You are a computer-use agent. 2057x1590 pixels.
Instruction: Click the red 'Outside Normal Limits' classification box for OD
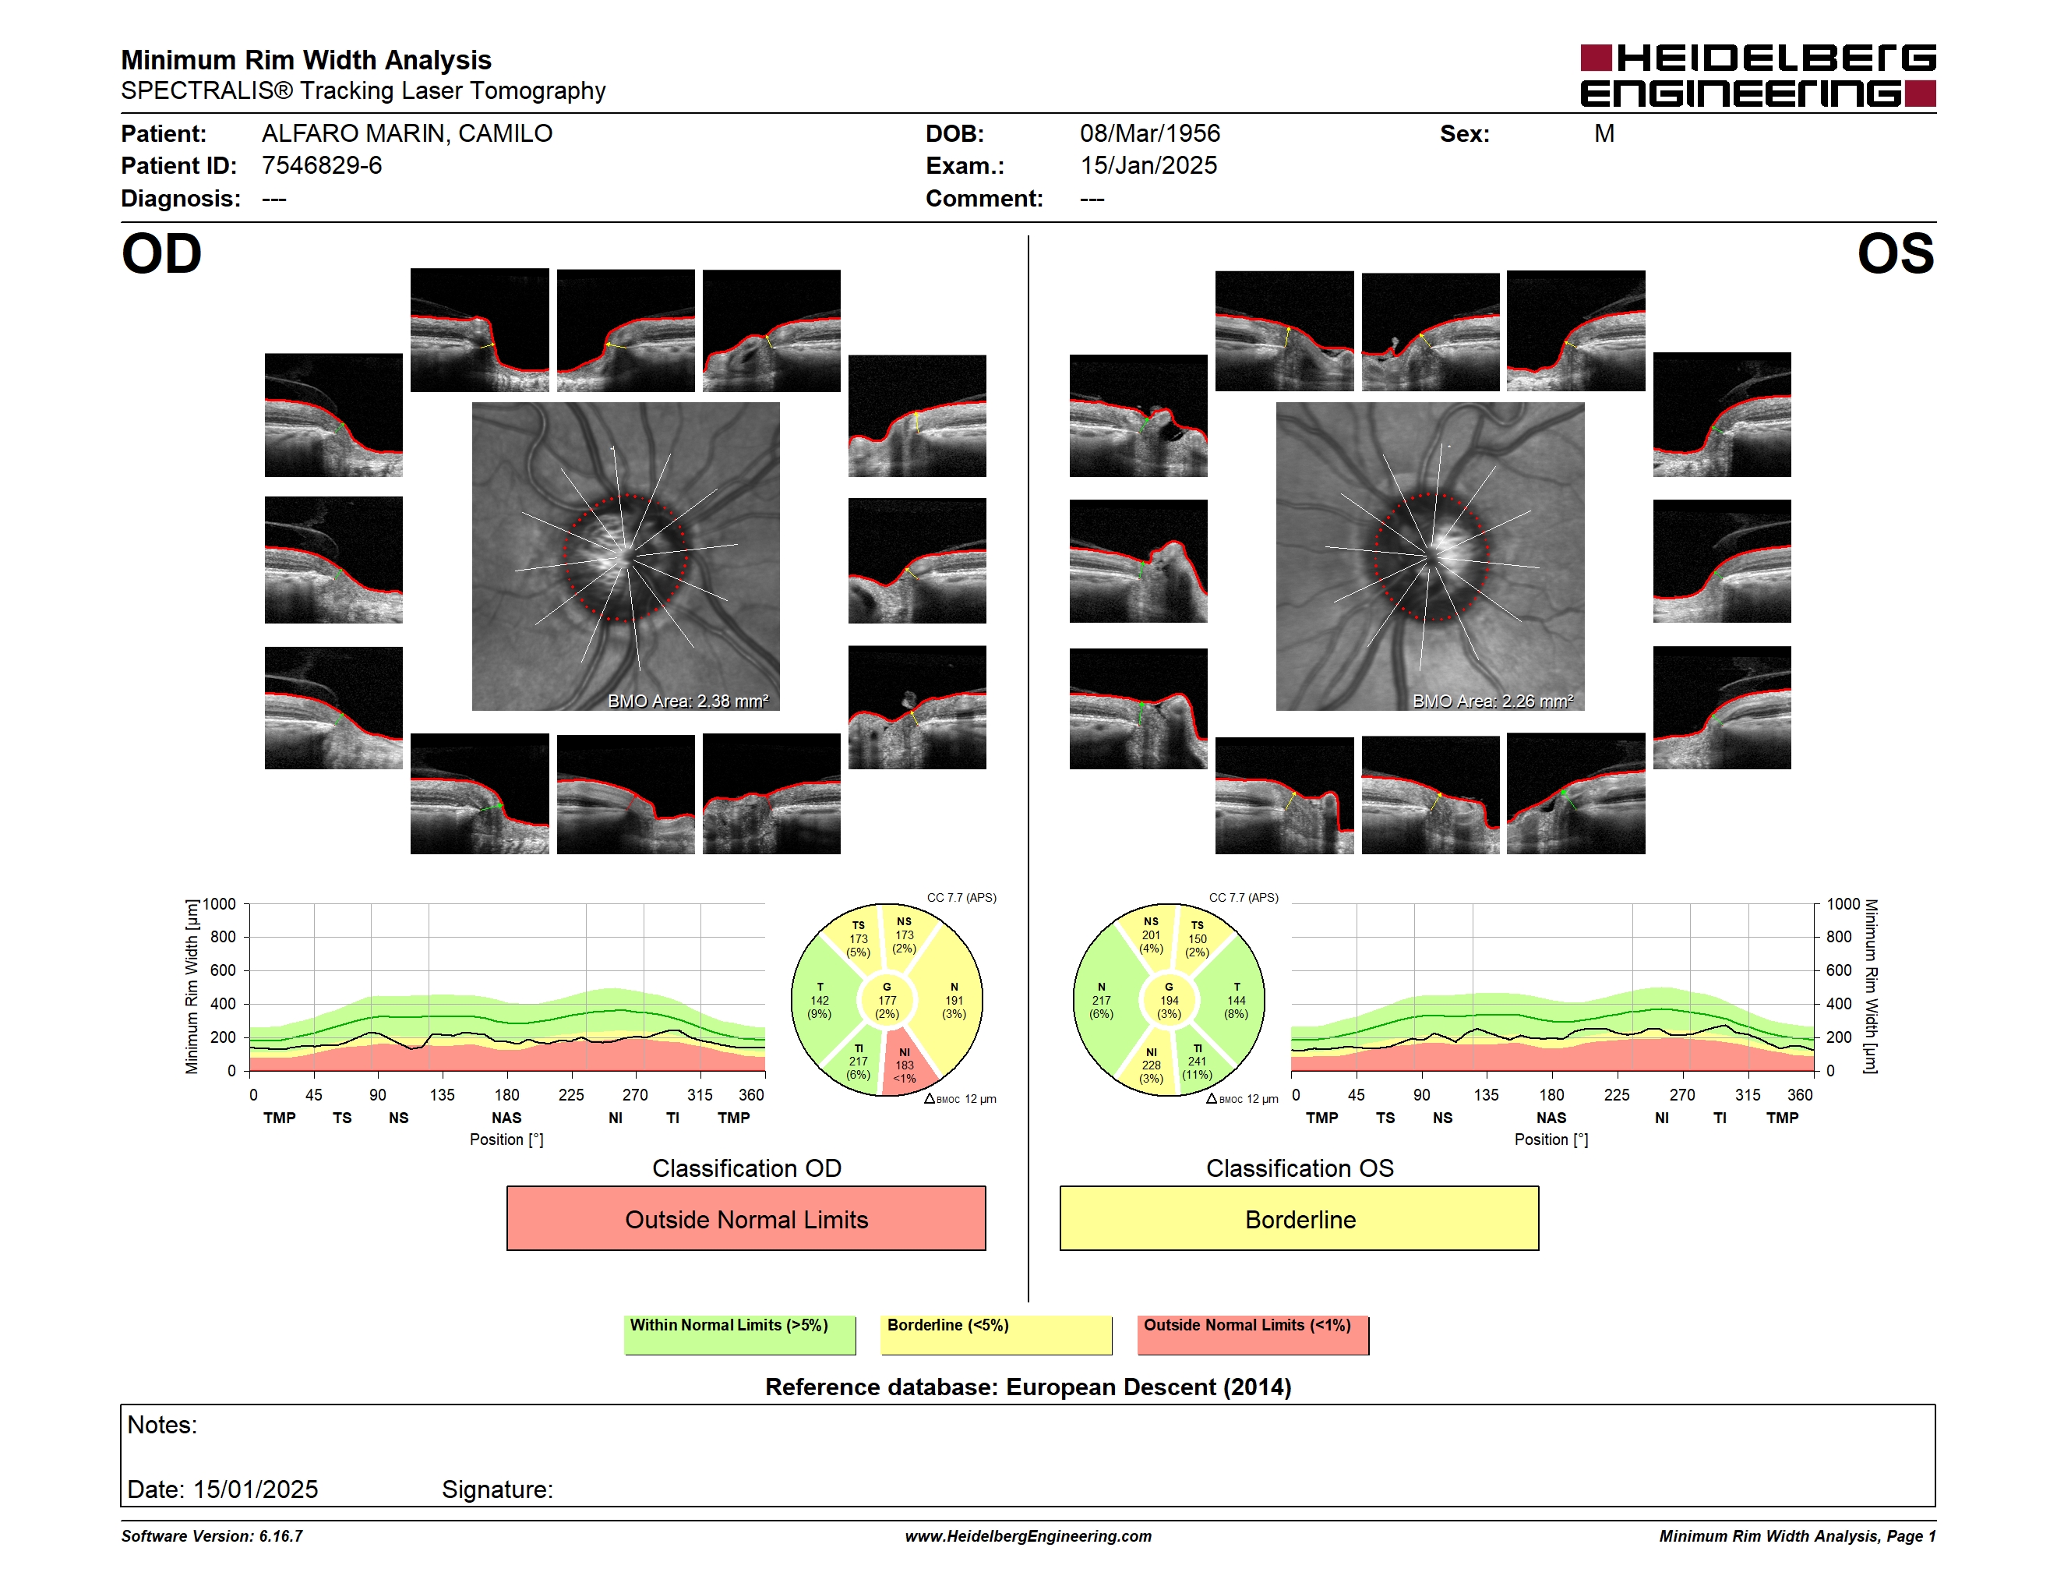[746, 1218]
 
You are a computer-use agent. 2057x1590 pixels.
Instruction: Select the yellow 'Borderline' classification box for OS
[1300, 1218]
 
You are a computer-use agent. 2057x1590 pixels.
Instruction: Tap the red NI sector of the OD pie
[906, 1062]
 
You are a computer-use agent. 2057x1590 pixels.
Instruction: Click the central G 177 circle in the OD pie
[887, 1000]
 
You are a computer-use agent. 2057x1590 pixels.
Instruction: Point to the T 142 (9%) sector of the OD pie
[820, 1000]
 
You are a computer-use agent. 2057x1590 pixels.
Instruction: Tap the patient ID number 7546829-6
[322, 166]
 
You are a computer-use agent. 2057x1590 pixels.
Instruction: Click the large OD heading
[162, 254]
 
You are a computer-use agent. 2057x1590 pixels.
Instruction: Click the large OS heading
[1895, 254]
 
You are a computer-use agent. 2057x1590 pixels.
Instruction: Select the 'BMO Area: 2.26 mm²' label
[1493, 701]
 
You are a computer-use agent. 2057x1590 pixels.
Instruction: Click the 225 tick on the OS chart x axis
[1616, 1094]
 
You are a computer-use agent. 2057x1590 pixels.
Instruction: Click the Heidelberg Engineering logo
[1758, 76]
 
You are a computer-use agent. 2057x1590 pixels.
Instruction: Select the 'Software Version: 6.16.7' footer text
[212, 1536]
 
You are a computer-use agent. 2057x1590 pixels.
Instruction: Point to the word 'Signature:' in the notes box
[497, 1489]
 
